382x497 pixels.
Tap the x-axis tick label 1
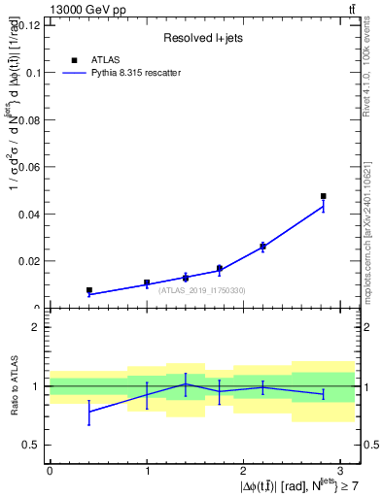point(147,470)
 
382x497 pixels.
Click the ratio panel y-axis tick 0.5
point(33,445)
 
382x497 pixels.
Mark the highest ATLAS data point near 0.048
point(324,196)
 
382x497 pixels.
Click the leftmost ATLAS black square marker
point(88,290)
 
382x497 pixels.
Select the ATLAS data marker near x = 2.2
point(263,247)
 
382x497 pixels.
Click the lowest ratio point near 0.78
point(88,412)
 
